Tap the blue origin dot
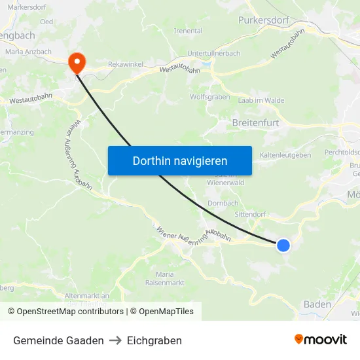283,245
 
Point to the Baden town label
317,304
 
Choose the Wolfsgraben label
209,97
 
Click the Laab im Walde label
261,100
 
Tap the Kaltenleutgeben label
285,155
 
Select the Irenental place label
188,31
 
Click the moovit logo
321,339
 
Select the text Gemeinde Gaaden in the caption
58,340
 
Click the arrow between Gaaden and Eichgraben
115,340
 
